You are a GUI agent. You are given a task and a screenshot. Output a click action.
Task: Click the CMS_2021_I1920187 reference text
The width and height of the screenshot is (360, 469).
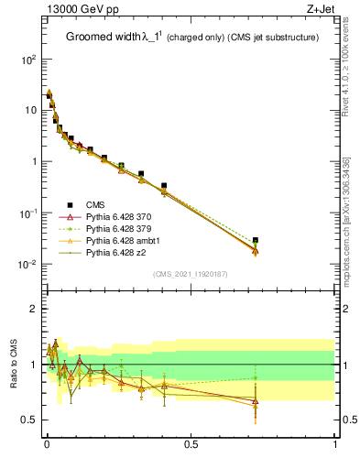(x=191, y=275)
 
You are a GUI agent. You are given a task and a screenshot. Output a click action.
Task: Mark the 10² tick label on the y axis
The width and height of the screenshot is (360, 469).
(x=28, y=59)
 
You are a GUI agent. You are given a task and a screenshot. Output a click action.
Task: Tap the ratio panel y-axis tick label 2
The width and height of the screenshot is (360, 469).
(x=34, y=309)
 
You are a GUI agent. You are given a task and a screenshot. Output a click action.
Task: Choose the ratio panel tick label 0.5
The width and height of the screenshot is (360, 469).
(x=29, y=420)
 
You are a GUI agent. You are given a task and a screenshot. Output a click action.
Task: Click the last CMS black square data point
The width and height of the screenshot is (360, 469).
(x=256, y=240)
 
